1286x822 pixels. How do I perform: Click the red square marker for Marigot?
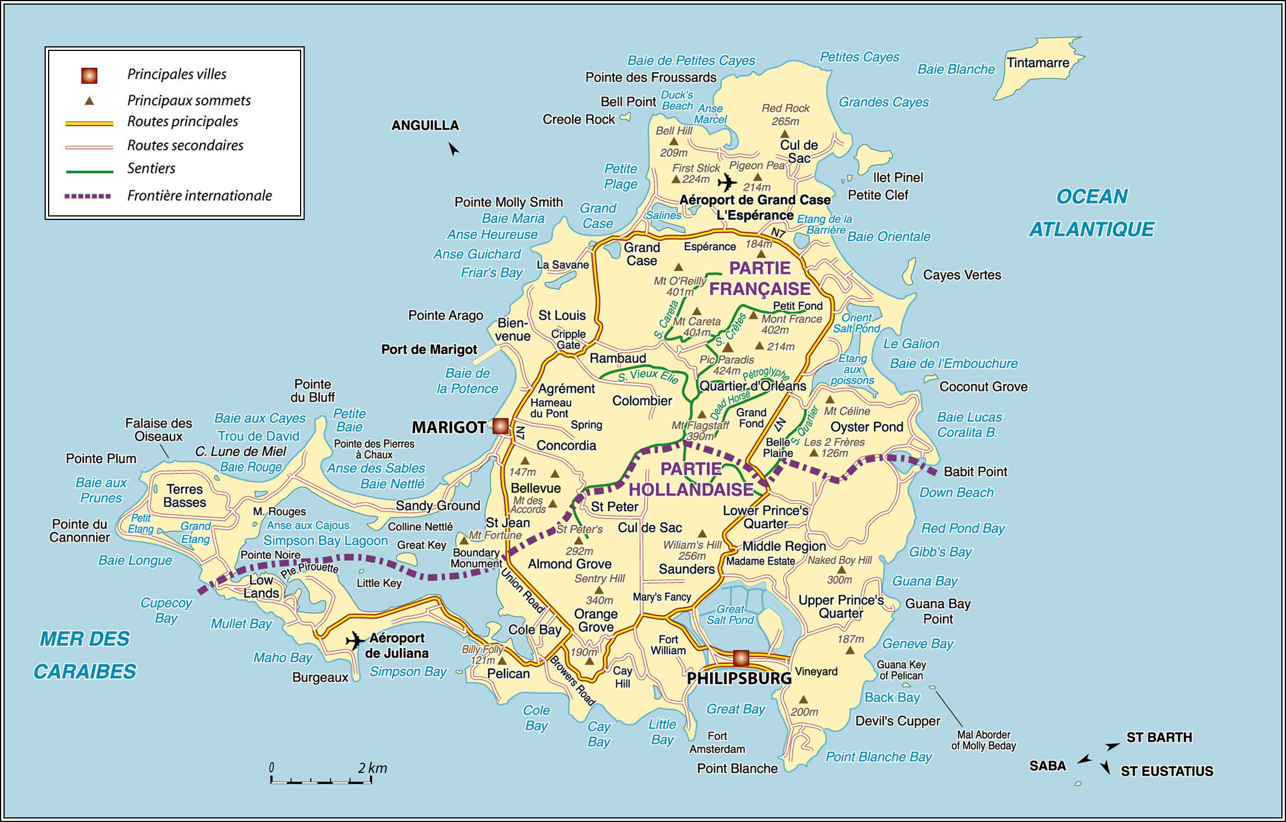coord(500,427)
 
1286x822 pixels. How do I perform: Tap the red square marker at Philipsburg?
coord(741,658)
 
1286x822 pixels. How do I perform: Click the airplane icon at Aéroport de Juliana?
coord(355,641)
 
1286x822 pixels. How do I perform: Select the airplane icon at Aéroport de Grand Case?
coord(726,183)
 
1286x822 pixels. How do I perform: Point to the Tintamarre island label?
coord(1037,63)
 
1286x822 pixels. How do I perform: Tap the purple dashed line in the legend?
coord(88,196)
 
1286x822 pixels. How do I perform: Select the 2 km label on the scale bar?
coord(372,768)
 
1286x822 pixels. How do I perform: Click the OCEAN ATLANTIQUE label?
coord(1091,213)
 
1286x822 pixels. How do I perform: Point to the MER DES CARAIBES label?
coord(85,655)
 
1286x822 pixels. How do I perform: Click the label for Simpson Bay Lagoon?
coord(326,541)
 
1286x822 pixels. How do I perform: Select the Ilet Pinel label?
coord(898,177)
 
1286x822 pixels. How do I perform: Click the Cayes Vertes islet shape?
coord(909,271)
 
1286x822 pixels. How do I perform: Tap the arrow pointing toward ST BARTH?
coord(1112,746)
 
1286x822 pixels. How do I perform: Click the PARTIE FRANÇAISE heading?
coord(759,278)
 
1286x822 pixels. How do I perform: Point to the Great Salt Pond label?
coord(730,614)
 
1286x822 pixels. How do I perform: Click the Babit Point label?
coord(975,472)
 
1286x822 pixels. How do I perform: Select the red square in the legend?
coord(89,75)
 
